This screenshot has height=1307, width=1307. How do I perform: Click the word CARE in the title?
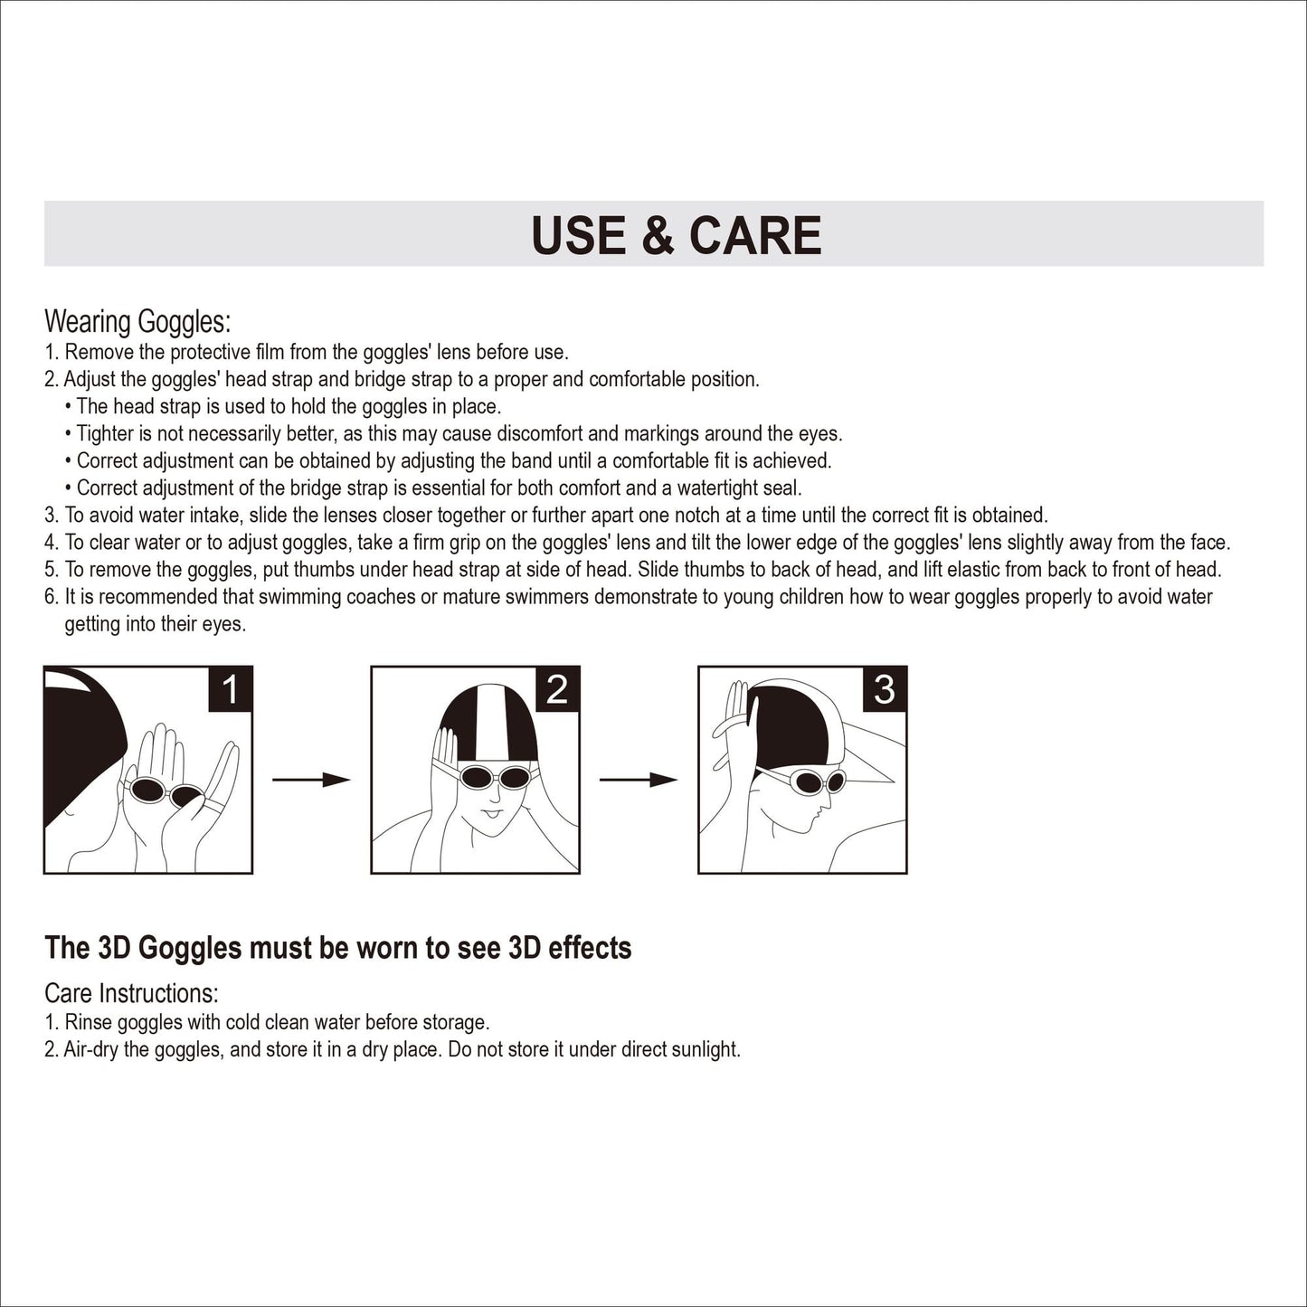pyautogui.click(x=755, y=235)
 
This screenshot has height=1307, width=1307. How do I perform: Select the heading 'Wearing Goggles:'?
pyautogui.click(x=137, y=322)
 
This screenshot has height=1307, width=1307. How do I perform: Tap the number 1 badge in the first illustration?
pyautogui.click(x=230, y=689)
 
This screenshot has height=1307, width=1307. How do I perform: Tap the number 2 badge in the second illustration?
pyautogui.click(x=557, y=689)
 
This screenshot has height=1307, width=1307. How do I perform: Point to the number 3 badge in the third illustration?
pyautogui.click(x=885, y=689)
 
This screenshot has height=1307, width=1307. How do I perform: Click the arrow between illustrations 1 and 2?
pyautogui.click(x=310, y=780)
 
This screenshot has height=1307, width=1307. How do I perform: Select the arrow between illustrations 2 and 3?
pyautogui.click(x=639, y=780)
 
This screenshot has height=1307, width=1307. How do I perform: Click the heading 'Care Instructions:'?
pyautogui.click(x=131, y=994)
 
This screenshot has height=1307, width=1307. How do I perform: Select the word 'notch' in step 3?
pyautogui.click(x=696, y=516)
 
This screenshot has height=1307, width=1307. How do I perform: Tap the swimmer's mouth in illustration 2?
pyautogui.click(x=492, y=812)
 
